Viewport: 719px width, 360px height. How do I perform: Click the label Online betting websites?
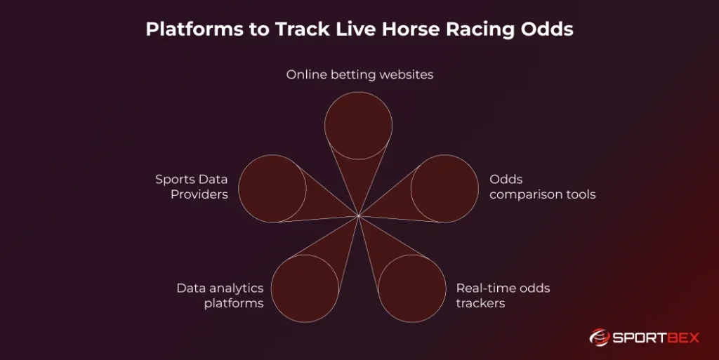coord(359,74)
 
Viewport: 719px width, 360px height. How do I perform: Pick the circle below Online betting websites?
coord(359,125)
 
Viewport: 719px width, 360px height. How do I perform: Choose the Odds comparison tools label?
coord(542,187)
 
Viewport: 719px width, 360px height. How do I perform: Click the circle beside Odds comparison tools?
coord(444,189)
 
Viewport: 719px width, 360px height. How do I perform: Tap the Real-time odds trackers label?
coord(503,295)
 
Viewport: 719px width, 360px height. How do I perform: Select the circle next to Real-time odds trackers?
coord(411,288)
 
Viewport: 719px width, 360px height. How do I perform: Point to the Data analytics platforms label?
coord(220,295)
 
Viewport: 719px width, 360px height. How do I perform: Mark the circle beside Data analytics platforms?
coord(305,288)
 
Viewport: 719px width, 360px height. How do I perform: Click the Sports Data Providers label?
coord(192,187)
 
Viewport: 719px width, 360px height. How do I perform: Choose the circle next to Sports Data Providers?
coord(272,189)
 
